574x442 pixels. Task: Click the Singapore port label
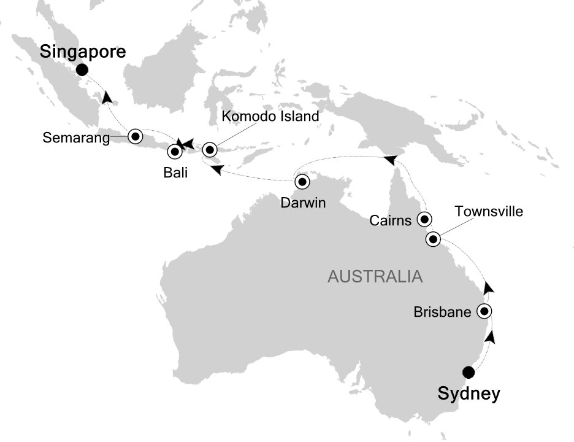click(83, 52)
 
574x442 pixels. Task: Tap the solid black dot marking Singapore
click(82, 71)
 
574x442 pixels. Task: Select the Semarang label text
click(76, 138)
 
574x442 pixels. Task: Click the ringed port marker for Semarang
click(134, 135)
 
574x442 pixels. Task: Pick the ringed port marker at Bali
click(175, 150)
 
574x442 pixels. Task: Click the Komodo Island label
click(270, 116)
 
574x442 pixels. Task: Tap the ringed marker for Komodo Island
click(210, 149)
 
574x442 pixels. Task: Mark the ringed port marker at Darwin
click(302, 181)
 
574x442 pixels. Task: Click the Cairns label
click(391, 220)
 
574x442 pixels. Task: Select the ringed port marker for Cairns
click(423, 218)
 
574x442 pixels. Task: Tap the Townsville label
click(489, 212)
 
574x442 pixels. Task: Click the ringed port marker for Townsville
click(433, 239)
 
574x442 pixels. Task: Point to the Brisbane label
click(442, 312)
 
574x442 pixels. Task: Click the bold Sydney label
click(469, 394)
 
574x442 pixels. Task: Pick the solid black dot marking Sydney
click(469, 371)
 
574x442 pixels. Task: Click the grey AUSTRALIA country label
click(375, 277)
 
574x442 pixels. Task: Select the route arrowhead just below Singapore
click(108, 97)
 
